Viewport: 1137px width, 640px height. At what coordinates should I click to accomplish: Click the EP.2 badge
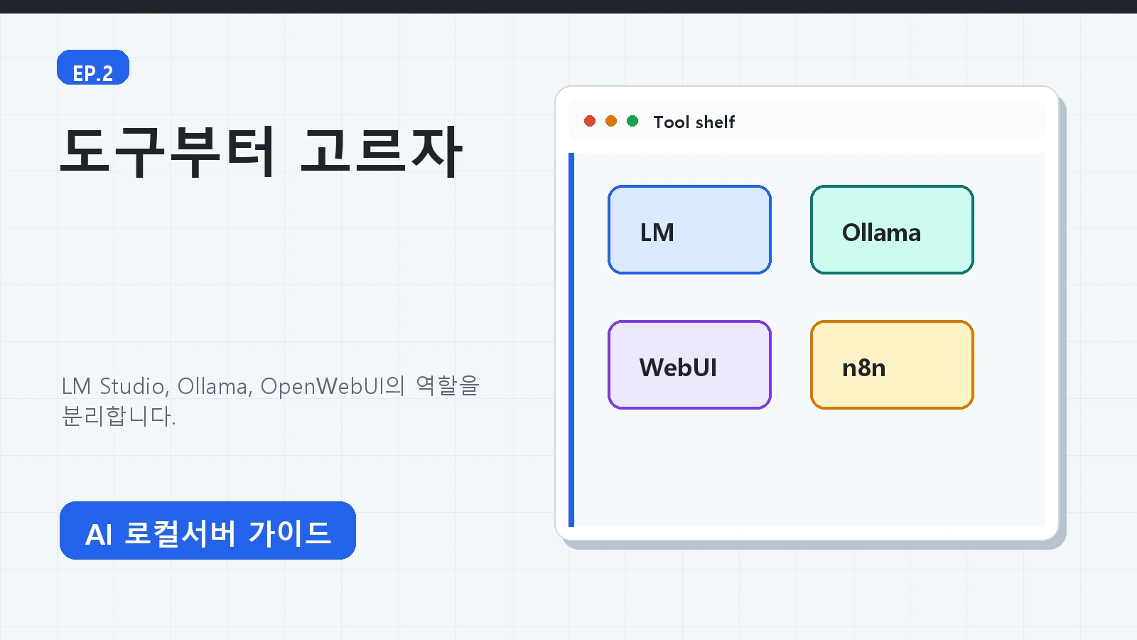93,67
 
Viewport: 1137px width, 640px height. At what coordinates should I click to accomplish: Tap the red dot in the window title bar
590,121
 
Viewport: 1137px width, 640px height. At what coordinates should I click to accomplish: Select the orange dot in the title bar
611,121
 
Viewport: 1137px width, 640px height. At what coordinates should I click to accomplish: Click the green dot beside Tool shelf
632,121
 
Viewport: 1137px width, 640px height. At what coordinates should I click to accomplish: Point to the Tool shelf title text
694,122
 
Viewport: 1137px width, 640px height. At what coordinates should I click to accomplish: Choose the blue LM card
689,230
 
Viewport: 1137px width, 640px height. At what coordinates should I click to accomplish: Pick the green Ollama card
892,230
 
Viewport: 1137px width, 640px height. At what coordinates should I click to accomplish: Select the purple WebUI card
689,365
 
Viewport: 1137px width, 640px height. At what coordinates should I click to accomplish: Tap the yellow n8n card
892,365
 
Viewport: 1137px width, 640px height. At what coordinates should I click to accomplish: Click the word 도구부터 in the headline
168,151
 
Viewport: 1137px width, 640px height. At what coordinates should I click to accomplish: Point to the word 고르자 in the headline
381,151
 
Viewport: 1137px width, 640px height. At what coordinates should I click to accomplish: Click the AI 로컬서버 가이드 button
208,530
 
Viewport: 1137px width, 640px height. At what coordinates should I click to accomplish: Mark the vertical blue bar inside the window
571,340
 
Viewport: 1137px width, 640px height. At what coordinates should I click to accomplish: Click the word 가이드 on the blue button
290,533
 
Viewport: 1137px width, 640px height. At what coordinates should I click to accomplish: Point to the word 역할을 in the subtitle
447,385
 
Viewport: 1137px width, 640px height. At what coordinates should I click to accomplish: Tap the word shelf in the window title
715,122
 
